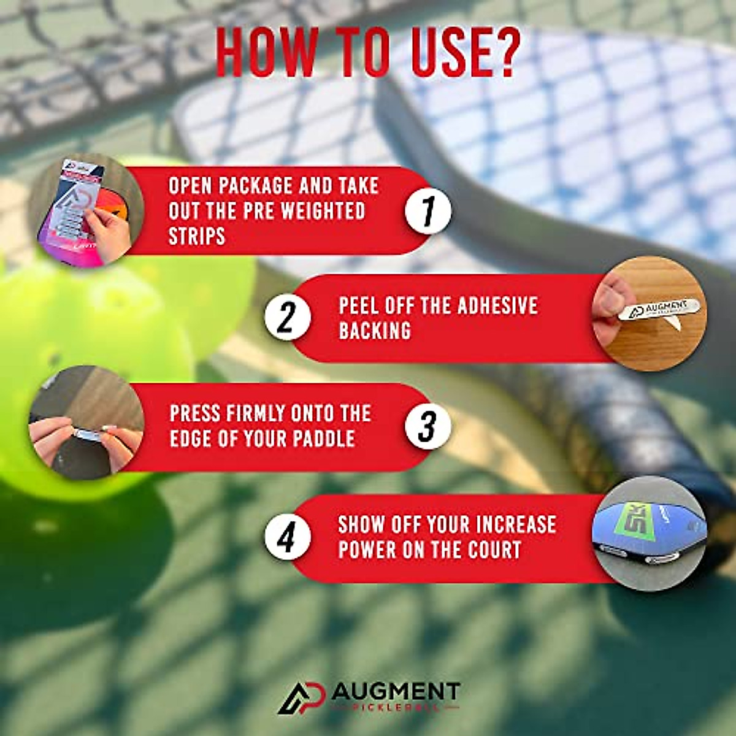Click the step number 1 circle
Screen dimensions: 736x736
pos(428,211)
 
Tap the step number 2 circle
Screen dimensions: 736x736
pos(287,318)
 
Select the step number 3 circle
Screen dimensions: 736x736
pos(428,426)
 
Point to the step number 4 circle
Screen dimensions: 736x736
pos(287,537)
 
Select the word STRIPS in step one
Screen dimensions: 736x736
pos(197,236)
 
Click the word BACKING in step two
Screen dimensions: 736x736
pos(375,331)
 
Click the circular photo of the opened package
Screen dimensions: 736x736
pos(86,211)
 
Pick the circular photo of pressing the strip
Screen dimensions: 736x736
pos(86,423)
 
